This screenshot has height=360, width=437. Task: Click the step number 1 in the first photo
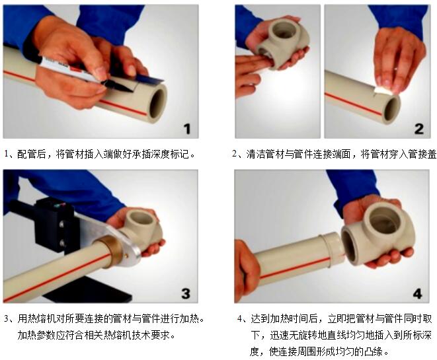[187, 129]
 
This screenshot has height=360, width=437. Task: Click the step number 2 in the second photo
[418, 129]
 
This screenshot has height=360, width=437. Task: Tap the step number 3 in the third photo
[186, 293]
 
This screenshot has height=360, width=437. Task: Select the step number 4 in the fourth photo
[417, 293]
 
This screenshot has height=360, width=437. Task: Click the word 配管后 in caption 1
[31, 154]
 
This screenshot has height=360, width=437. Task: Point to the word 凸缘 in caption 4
[373, 351]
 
